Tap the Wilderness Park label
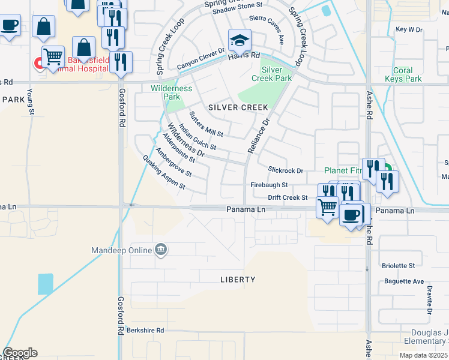coord(172,92)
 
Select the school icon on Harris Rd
coord(240,41)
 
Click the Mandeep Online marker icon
coord(160,250)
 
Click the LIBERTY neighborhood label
coord(238,280)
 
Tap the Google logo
coord(20,353)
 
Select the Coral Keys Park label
coord(406,74)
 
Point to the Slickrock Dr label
coord(286,171)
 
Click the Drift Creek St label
coord(288,197)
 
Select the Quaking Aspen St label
coord(164,173)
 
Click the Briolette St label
coord(399,265)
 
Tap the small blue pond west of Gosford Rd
coord(45,284)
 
